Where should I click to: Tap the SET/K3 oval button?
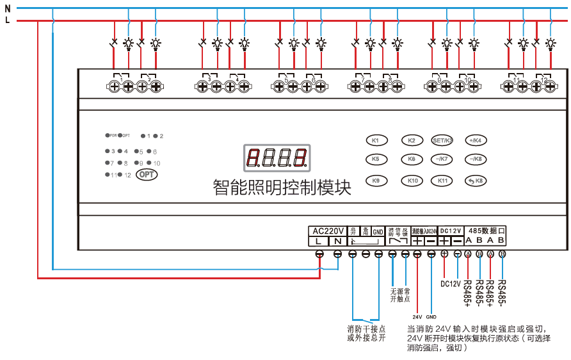click(x=442, y=140)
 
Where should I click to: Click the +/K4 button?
click(x=474, y=140)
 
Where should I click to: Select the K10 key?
click(x=412, y=181)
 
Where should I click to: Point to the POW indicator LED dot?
click(x=107, y=136)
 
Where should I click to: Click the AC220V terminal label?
click(x=327, y=231)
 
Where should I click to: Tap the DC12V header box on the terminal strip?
click(x=451, y=231)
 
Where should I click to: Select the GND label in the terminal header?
click(x=378, y=231)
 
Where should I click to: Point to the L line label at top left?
click(x=7, y=20)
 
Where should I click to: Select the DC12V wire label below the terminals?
click(x=451, y=282)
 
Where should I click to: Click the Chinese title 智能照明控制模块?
click(x=282, y=187)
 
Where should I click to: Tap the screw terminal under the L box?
click(x=319, y=254)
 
